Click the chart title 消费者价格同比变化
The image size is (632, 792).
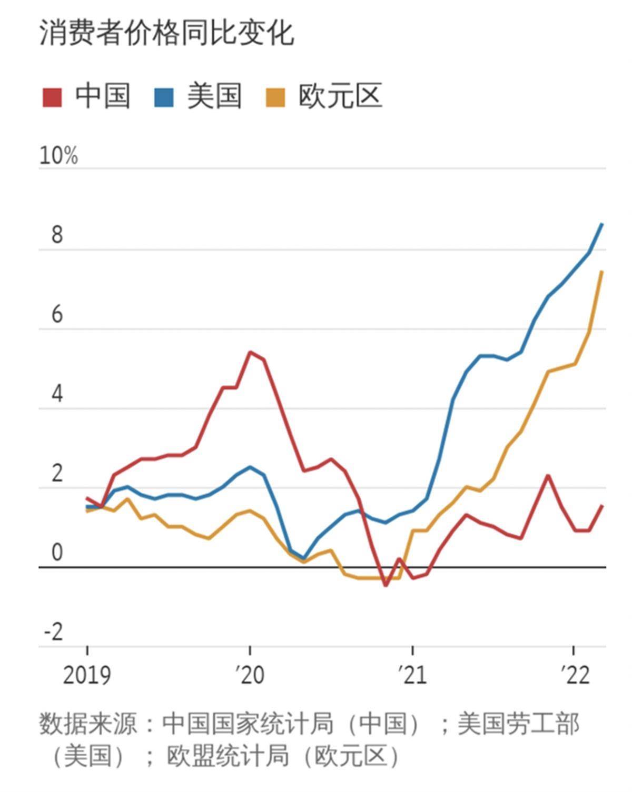(166, 34)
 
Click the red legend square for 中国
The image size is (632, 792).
(52, 97)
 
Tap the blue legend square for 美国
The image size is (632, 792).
(164, 97)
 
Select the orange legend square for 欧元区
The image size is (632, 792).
(275, 97)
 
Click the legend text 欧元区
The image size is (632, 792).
(340, 96)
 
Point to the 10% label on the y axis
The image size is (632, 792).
(58, 156)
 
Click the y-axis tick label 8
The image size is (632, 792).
(57, 235)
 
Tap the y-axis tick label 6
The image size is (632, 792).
(57, 315)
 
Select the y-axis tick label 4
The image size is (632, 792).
(57, 394)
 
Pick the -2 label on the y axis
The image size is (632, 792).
(53, 631)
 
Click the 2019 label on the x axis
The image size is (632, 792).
(87, 675)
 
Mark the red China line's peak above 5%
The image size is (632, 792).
(250, 352)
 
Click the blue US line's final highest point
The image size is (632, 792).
(602, 224)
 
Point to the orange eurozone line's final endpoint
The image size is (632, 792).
(602, 272)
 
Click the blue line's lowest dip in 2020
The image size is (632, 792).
(304, 558)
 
